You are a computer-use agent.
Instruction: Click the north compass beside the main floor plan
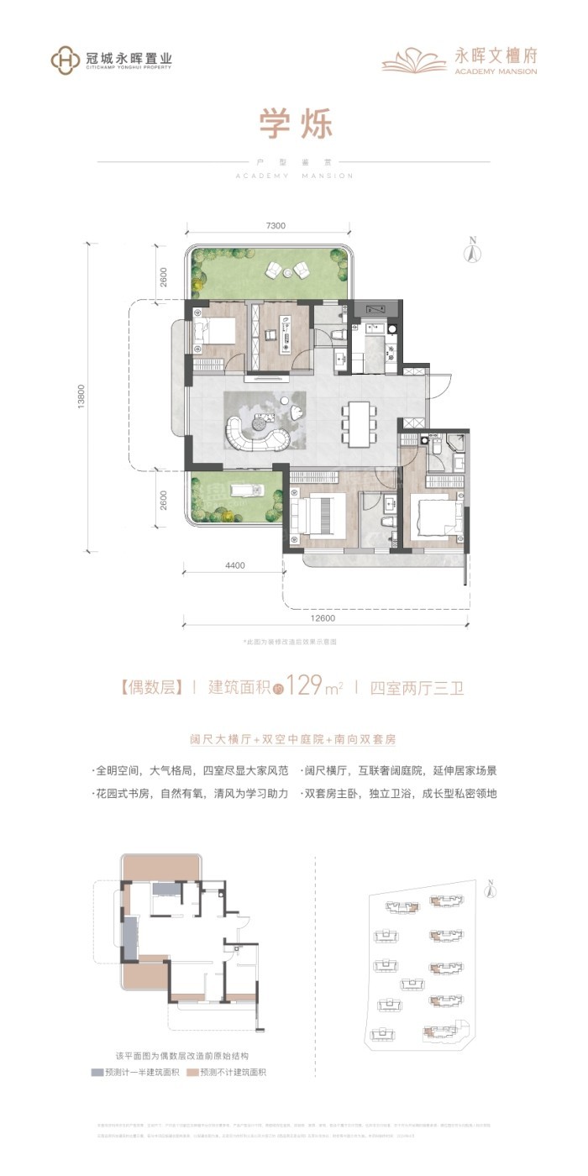[472, 249]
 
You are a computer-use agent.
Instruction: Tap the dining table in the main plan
[358, 423]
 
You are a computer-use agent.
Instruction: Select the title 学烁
[294, 126]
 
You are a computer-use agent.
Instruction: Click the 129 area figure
[305, 687]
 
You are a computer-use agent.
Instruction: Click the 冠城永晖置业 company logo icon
[65, 60]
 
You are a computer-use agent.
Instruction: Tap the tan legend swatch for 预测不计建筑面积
[193, 1073]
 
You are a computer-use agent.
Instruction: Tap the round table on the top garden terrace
[288, 270]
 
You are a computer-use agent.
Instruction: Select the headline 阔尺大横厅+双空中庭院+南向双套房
[292, 740]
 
